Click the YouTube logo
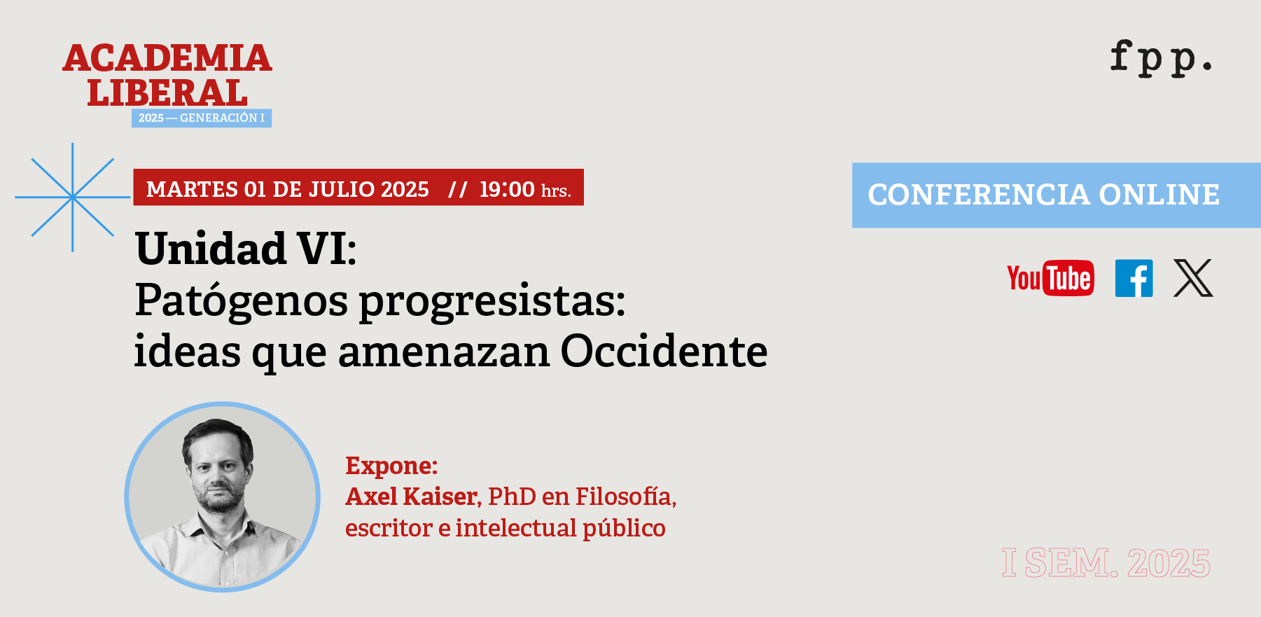[1050, 278]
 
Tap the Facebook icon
[1134, 278]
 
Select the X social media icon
[1193, 278]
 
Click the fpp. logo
[1161, 58]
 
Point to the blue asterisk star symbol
[72, 197]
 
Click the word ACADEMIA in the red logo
[167, 58]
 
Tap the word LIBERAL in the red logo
[167, 92]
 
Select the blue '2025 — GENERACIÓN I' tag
[202, 118]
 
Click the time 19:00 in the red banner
[507, 189]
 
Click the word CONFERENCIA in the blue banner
[979, 195]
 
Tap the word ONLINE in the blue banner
[1159, 195]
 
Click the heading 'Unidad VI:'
[246, 249]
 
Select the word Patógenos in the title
[242, 301]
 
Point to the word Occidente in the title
[664, 351]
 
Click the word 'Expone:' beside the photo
[391, 466]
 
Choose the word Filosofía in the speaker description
[625, 497]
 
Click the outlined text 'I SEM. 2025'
[1106, 564]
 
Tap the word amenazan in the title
[444, 351]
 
